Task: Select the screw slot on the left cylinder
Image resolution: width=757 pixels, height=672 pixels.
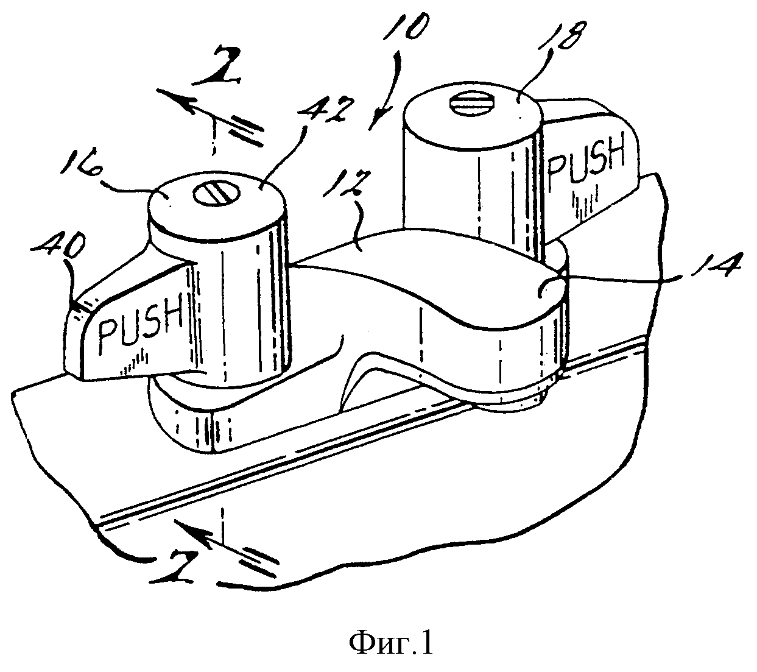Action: (216, 194)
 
